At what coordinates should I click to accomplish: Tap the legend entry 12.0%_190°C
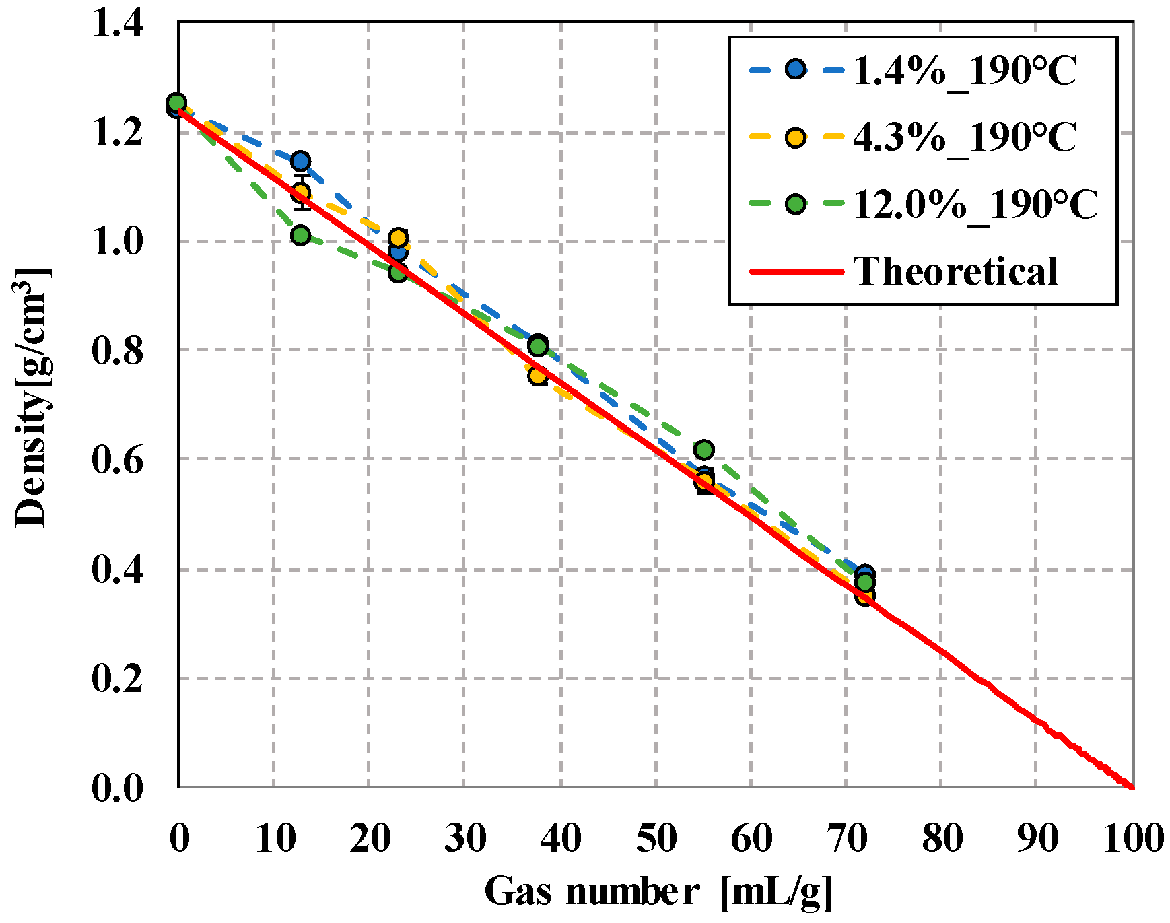tap(975, 205)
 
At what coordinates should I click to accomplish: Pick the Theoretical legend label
tap(956, 271)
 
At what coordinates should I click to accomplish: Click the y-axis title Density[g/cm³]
tap(32, 397)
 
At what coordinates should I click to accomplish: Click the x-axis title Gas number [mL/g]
tap(658, 892)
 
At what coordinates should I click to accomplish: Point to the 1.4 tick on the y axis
tap(118, 24)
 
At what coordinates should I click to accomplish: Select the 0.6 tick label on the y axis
tap(118, 460)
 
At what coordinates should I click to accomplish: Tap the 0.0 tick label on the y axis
tap(118, 788)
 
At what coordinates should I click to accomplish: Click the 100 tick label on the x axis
tap(1133, 839)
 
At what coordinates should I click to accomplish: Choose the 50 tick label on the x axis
tap(656, 839)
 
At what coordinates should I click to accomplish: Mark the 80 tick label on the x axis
tap(942, 839)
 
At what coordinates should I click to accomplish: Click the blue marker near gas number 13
tap(300, 161)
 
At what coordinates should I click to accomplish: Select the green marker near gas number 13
tap(300, 235)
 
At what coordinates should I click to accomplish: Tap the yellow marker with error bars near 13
tap(301, 193)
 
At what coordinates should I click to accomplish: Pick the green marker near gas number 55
tap(703, 450)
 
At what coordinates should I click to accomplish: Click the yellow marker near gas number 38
tap(537, 375)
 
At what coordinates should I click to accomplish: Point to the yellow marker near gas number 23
tap(399, 238)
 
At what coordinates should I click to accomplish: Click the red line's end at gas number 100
tap(1132, 786)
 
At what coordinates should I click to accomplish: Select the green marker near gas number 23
tap(398, 273)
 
